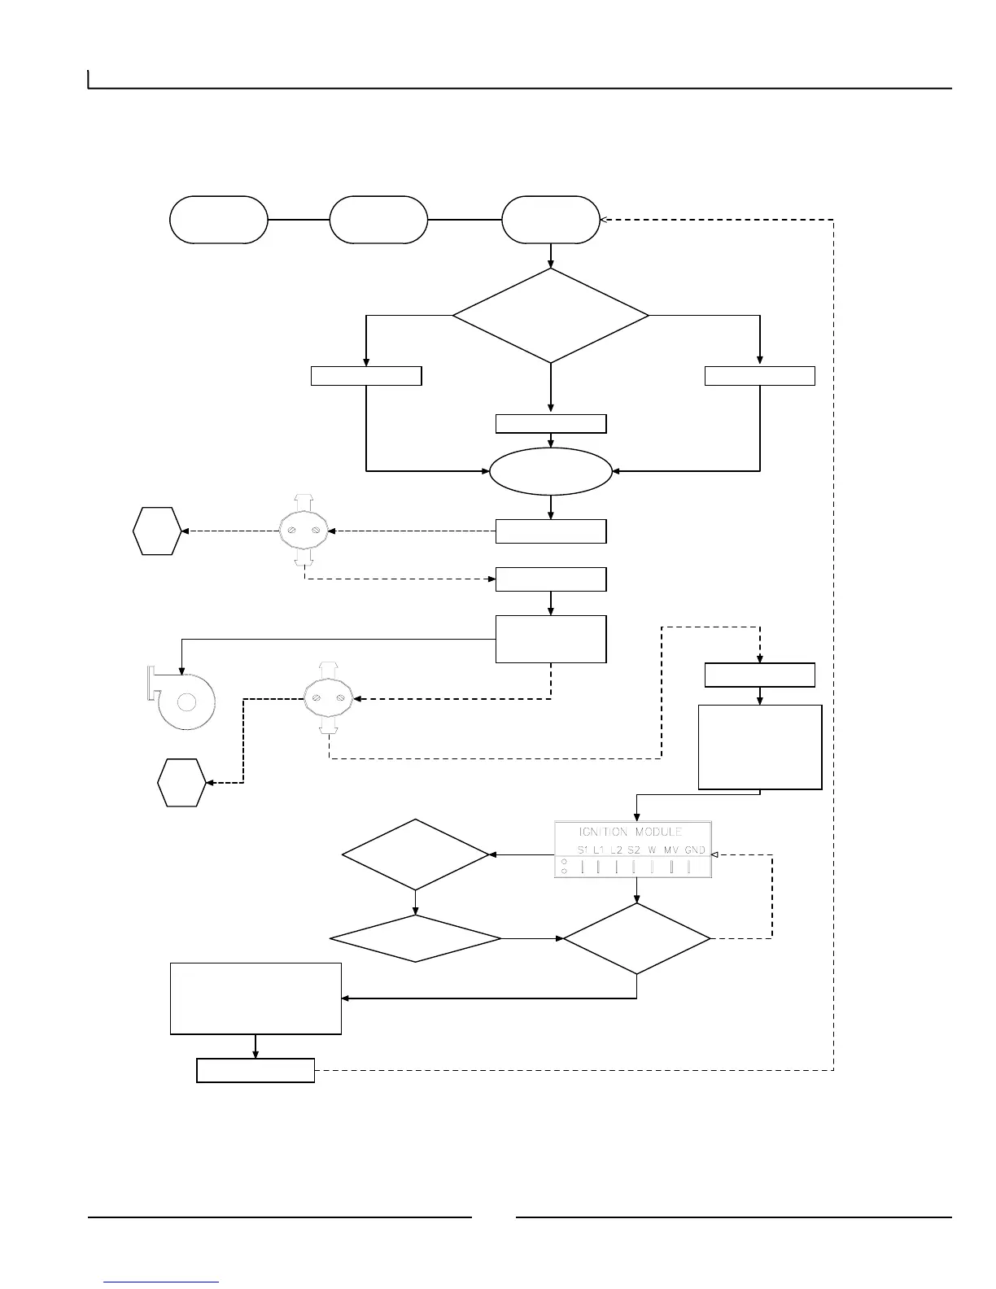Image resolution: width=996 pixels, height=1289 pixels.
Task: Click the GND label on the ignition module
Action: tap(694, 850)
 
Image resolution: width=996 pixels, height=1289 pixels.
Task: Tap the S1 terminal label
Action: tap(583, 850)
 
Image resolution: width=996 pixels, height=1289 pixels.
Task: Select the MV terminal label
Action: tap(671, 850)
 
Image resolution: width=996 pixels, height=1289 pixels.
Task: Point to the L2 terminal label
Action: tap(616, 850)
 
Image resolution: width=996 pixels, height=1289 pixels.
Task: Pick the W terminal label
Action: tap(652, 850)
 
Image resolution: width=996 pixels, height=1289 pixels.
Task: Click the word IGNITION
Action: tap(603, 832)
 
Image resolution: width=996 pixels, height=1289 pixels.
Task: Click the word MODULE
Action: tap(658, 832)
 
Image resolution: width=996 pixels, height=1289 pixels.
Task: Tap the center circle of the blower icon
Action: tap(186, 701)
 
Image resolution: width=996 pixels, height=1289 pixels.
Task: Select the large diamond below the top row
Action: tap(551, 315)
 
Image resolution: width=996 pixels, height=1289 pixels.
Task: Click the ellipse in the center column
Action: tap(551, 471)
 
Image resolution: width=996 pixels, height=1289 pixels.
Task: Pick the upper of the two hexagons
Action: tap(157, 531)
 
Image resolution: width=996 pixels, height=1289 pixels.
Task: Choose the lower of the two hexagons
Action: tap(181, 783)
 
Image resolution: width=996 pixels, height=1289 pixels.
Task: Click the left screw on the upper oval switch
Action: tap(291, 531)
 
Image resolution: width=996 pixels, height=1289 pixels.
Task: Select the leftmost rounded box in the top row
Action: tap(218, 220)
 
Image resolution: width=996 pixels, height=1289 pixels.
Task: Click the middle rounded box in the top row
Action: tap(378, 220)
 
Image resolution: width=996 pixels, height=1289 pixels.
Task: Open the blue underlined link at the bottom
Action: tap(162, 1282)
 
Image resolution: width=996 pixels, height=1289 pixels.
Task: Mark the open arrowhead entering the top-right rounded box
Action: tap(604, 220)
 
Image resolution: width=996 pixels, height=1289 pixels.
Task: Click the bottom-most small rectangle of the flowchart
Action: tap(256, 1070)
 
